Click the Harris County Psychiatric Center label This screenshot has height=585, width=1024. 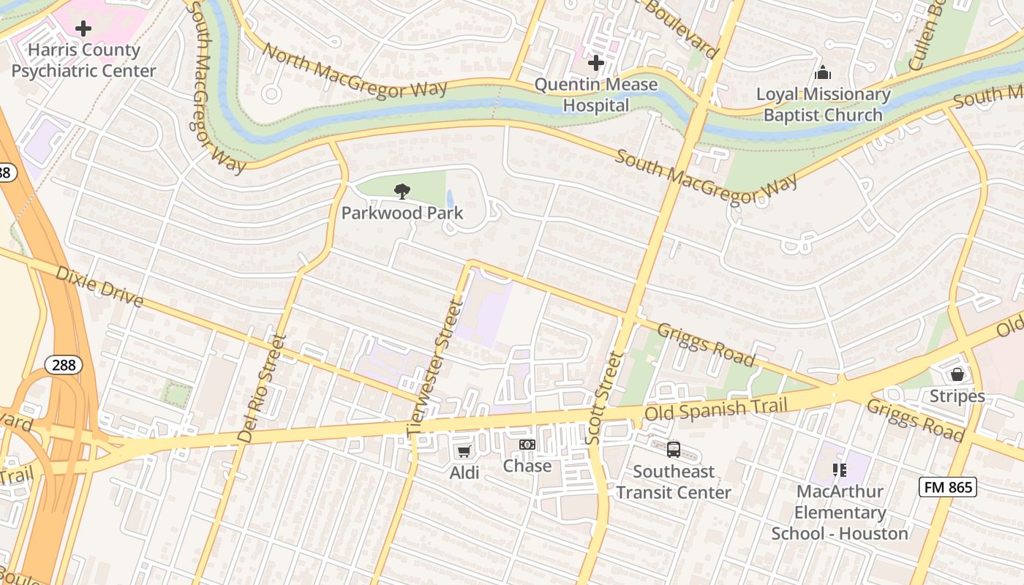[83, 61]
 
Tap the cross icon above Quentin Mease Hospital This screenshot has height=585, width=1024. [596, 63]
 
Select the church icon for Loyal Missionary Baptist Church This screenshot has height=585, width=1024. [823, 73]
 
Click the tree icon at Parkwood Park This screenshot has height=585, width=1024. [402, 192]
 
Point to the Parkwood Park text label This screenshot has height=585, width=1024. [402, 213]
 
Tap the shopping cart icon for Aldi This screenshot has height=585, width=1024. [464, 451]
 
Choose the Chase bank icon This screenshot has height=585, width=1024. [527, 445]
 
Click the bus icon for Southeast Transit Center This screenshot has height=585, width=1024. [674, 450]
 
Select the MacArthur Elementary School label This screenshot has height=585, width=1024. [840, 512]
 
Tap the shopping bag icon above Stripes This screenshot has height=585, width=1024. [957, 374]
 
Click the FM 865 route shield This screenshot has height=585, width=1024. [947, 486]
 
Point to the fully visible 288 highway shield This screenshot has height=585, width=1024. [64, 365]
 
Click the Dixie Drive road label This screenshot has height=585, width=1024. [99, 287]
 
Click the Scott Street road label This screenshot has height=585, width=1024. [603, 399]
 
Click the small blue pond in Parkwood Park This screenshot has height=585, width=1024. [449, 198]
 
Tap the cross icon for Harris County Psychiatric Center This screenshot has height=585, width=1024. [83, 29]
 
